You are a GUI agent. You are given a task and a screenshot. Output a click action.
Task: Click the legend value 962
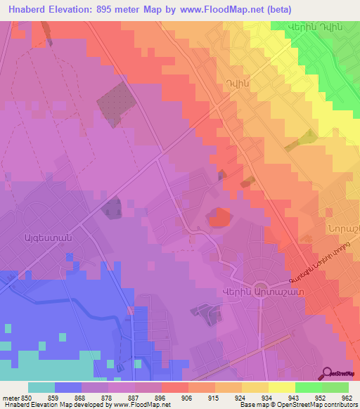[x=348, y=397]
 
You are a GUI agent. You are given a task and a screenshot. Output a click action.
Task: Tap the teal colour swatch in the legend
[x=41, y=387]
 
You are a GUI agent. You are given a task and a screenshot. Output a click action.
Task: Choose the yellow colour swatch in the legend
[x=282, y=387]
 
